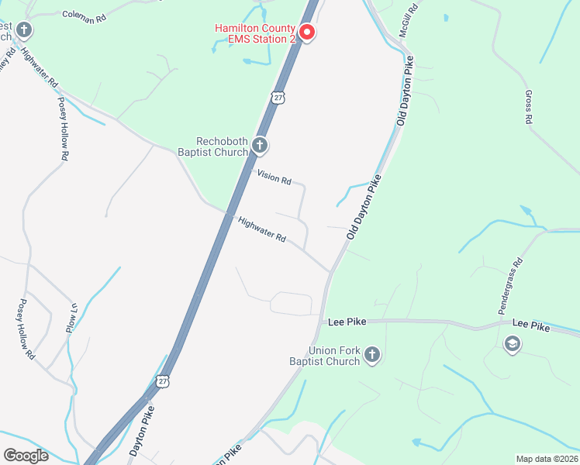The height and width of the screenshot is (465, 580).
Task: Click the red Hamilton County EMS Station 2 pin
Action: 306,32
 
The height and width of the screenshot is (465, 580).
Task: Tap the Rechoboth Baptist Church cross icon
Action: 260,145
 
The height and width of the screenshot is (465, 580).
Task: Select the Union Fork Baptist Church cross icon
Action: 372,356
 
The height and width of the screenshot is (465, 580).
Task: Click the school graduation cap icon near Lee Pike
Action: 512,343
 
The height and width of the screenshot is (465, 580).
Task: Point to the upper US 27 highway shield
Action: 278,97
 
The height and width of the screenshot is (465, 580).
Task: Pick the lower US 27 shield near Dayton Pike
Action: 161,381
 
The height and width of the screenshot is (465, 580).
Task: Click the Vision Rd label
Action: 275,178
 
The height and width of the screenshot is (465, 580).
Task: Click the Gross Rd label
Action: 529,108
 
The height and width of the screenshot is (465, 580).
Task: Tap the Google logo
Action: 26,455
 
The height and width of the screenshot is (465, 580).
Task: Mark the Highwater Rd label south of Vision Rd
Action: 262,229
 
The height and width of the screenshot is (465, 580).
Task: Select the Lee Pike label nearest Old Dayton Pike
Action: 347,321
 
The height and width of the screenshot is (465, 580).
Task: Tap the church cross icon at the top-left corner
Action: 25,30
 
